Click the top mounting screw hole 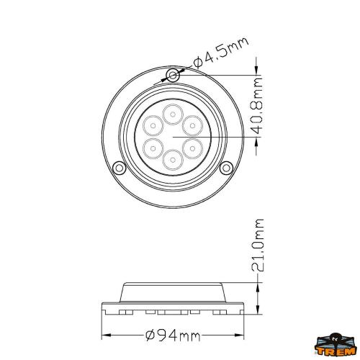(x=171, y=76)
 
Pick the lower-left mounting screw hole (x=118, y=168)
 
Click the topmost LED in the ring (x=172, y=113)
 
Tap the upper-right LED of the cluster (x=192, y=125)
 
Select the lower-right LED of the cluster (x=192, y=147)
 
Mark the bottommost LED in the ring (x=172, y=158)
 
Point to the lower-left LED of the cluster (x=153, y=147)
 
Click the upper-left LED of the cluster (x=153, y=125)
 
